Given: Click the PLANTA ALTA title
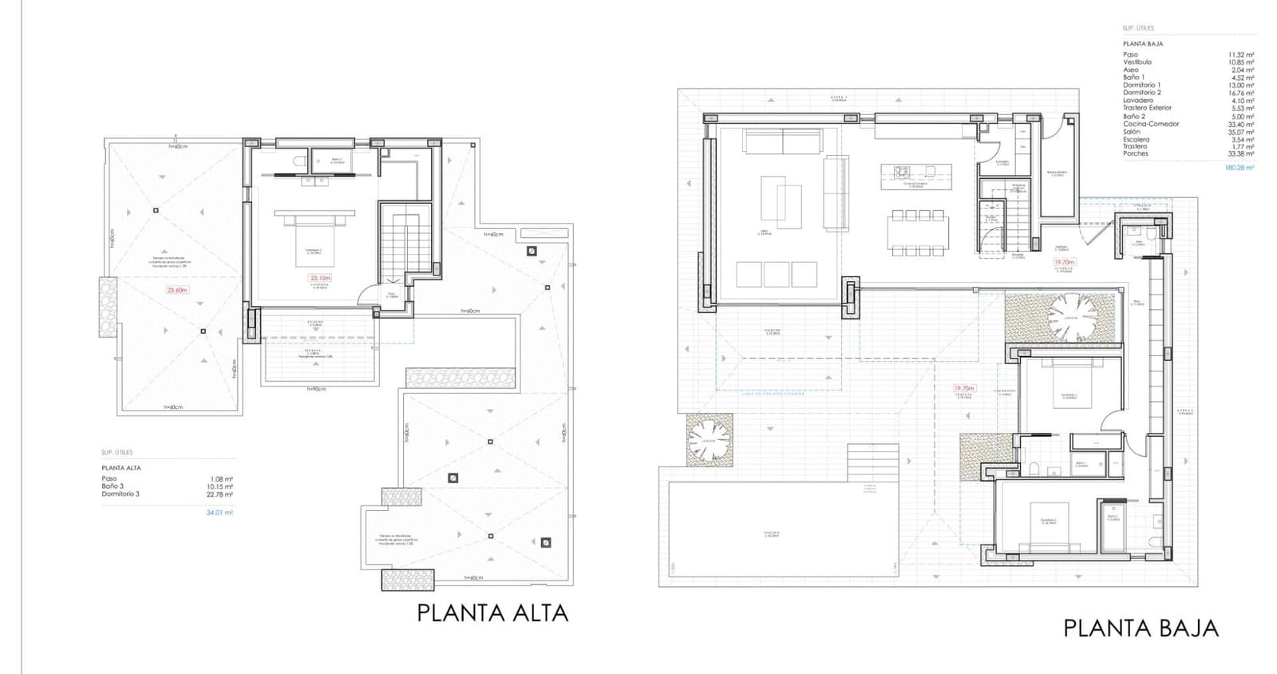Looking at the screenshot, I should coord(492,613).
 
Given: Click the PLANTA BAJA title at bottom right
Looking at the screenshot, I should coord(1141,628).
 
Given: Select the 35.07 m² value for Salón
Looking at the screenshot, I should coord(1241,132).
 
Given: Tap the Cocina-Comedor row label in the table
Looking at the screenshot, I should coord(1151,124).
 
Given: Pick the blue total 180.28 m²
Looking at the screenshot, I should coord(1239,168).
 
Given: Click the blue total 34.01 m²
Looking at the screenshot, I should coord(219,513).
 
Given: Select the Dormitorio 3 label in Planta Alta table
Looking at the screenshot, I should coord(121,494).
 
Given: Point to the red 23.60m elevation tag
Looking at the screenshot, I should coord(176,291).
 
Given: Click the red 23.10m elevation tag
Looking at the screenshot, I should coord(320,279).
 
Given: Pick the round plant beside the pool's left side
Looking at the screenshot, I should coord(709,440).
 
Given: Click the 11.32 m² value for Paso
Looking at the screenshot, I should coord(1241,54).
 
